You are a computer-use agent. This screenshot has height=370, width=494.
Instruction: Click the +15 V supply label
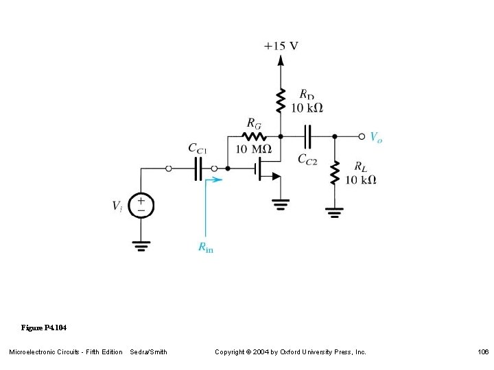[281, 46]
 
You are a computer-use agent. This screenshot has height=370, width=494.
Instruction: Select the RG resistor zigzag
[253, 136]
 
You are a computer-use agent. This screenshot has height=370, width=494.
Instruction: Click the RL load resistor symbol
[335, 173]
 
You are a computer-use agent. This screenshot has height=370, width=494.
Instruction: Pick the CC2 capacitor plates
[308, 136]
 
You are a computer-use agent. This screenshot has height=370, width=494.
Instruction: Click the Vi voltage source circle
[142, 205]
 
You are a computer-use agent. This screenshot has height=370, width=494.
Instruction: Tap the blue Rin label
[206, 247]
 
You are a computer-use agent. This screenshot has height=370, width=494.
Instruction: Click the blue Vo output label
[376, 137]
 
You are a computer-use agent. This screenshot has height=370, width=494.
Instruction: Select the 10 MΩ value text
[252, 149]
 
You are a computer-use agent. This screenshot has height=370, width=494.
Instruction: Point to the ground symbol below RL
[335, 212]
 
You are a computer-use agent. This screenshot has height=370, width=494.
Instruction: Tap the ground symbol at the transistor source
[280, 203]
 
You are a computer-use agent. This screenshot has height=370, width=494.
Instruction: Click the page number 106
[483, 352]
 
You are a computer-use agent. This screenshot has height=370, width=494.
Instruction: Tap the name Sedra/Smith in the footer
[148, 352]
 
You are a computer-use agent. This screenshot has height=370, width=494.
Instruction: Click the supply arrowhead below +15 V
[280, 60]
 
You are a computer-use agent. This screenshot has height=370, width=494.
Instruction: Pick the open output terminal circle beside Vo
[362, 136]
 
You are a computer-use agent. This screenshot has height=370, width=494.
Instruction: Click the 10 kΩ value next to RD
[307, 108]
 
